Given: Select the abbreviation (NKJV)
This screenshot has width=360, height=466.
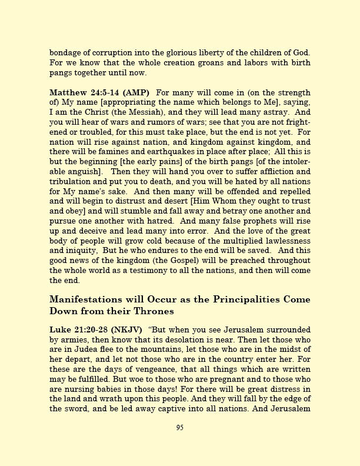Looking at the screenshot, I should tap(124, 329).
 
